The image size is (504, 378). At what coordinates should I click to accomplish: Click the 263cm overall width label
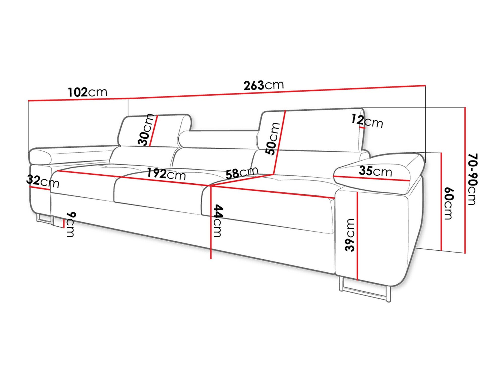click(263, 85)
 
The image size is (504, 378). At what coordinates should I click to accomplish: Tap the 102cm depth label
click(87, 92)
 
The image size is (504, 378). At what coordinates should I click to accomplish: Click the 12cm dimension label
click(367, 121)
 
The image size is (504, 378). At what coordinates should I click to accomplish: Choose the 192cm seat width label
click(166, 174)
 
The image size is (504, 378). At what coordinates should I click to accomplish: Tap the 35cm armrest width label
click(375, 171)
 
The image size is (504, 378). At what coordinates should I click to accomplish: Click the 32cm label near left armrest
click(43, 181)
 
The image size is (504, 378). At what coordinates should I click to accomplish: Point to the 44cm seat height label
click(217, 221)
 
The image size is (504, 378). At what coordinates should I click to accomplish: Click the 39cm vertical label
click(350, 235)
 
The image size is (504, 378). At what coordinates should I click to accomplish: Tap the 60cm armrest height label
click(449, 203)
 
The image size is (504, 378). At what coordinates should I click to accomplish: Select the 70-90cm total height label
click(472, 179)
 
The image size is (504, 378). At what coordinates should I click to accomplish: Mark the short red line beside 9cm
click(64, 224)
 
